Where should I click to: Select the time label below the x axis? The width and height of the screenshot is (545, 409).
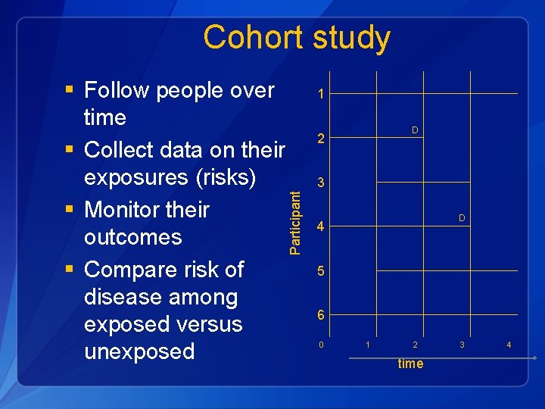click(410, 364)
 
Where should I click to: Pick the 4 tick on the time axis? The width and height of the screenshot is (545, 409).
click(509, 345)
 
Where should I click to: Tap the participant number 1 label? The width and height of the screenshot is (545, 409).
click(322, 95)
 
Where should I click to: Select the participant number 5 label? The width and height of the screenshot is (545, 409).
click(322, 270)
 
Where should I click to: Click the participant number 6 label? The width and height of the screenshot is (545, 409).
click(322, 315)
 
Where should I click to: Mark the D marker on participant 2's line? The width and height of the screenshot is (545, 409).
click(415, 131)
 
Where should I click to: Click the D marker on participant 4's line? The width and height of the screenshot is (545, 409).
click(461, 219)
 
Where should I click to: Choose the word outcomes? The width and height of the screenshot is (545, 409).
click(133, 237)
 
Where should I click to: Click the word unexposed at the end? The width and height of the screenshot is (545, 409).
click(139, 351)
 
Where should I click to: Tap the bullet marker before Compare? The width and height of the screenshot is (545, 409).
click(70, 270)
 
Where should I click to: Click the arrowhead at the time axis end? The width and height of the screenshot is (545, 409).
click(535, 357)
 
